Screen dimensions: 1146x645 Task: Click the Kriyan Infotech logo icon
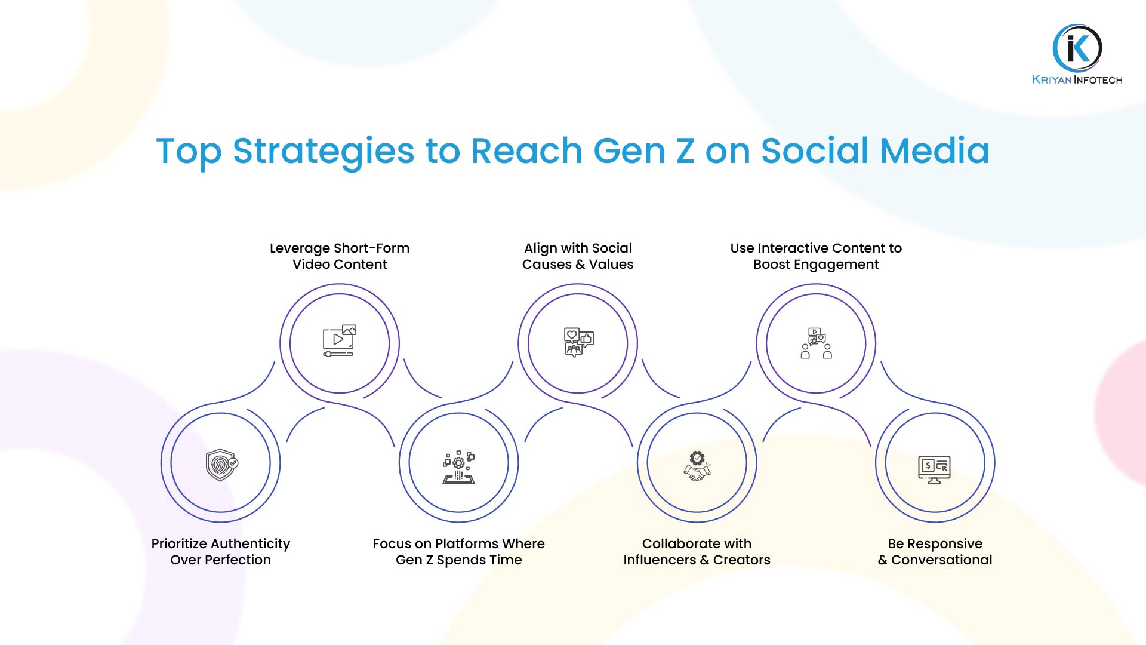1077,48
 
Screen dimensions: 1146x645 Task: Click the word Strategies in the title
324,152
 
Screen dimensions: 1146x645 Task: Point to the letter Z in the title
685,150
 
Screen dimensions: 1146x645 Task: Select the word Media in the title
935,150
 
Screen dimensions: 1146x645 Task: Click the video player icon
339,342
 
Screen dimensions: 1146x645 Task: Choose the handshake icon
697,466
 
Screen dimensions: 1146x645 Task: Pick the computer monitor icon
934,470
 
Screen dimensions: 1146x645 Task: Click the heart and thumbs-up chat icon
578,342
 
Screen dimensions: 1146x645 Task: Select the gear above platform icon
458,467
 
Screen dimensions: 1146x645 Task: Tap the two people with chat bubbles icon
816,343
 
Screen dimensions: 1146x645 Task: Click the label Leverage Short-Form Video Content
340,256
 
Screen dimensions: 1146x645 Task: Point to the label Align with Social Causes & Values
578,256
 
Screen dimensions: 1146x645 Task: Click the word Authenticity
253,544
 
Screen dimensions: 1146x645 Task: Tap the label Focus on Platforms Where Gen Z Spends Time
458,552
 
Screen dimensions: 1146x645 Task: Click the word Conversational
941,560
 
